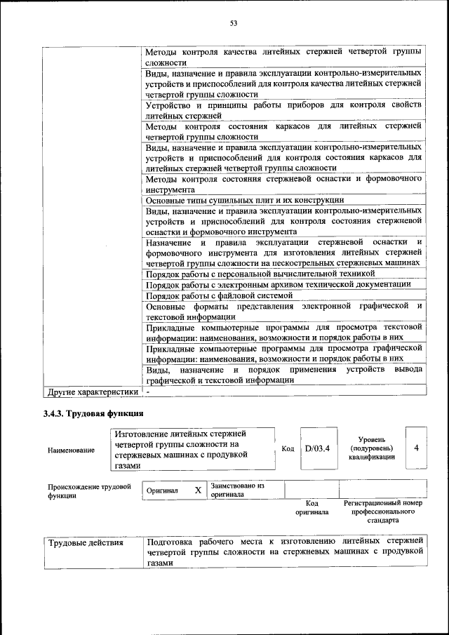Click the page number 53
(x=234, y=23)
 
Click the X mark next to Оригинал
(x=198, y=490)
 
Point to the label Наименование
(x=71, y=450)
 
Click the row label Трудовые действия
(x=85, y=542)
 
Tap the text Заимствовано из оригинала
(x=236, y=489)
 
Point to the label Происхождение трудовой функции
(x=89, y=490)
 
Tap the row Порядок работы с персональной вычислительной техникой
(x=260, y=273)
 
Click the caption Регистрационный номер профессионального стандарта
(x=382, y=512)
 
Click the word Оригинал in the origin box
(x=162, y=491)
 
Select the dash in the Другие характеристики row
(x=148, y=391)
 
